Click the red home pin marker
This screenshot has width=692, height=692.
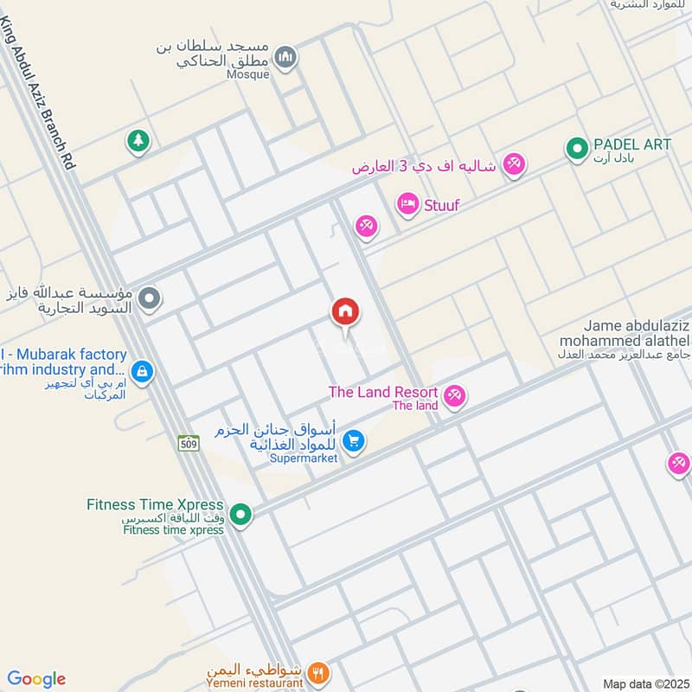[x=345, y=311]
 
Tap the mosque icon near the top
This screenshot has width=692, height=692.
[x=285, y=58]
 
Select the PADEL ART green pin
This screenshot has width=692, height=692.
[x=576, y=149]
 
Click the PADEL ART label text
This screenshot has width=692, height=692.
[x=632, y=144]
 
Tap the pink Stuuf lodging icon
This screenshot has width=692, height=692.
[x=407, y=205]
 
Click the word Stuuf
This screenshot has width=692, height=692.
[x=441, y=206]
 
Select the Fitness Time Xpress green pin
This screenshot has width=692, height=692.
[x=243, y=516]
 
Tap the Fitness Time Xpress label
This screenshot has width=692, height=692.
[x=155, y=504]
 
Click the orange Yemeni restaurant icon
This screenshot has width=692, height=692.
[x=319, y=671]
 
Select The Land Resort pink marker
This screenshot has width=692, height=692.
[x=453, y=396]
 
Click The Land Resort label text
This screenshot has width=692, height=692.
[x=382, y=392]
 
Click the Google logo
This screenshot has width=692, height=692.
[x=36, y=679]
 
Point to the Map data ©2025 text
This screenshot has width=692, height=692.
[x=644, y=683]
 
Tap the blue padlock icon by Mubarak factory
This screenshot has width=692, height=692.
[x=143, y=372]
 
